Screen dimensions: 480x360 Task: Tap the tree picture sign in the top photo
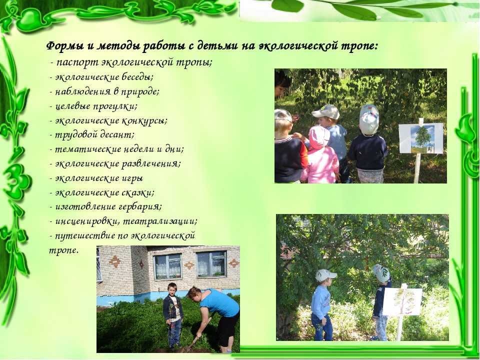pyautogui.click(x=421, y=138)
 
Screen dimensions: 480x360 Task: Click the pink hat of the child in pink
pyautogui.click(x=318, y=136)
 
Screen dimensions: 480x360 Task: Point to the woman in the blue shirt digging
pyautogui.click(x=214, y=318)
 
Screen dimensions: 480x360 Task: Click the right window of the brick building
pyautogui.click(x=211, y=264)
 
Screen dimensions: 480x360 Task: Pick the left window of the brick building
pyautogui.click(x=168, y=266)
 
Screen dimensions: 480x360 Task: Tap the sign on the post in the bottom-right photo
pyautogui.click(x=402, y=301)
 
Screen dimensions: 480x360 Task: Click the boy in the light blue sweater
pyautogui.click(x=322, y=304)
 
